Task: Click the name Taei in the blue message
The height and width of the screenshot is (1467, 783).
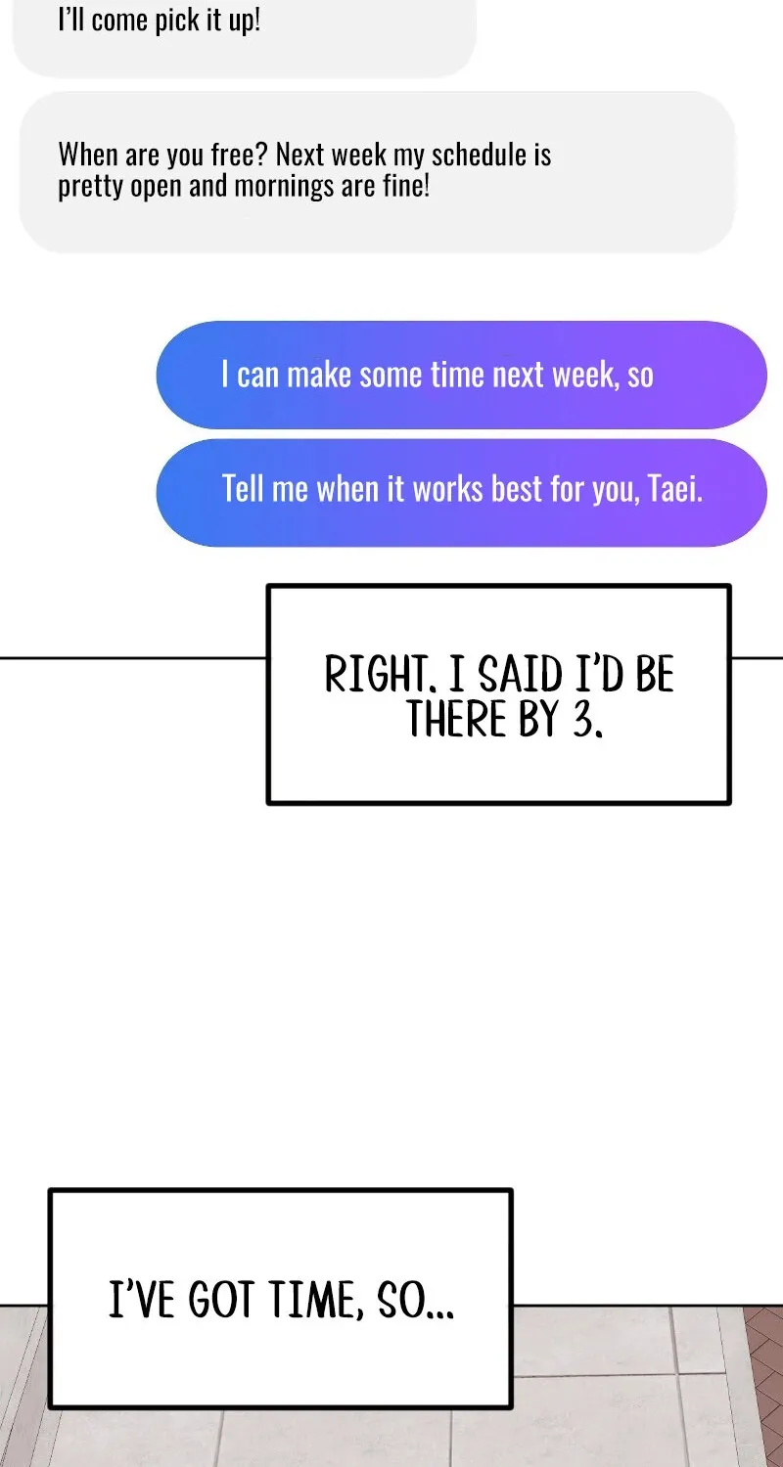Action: [675, 489]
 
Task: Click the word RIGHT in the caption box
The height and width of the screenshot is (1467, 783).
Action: [375, 674]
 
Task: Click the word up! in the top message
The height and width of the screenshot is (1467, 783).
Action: [245, 21]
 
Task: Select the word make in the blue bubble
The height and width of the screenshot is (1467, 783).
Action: [319, 375]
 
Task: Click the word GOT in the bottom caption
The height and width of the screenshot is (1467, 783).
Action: [220, 1300]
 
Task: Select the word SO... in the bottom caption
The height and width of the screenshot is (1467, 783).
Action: [415, 1300]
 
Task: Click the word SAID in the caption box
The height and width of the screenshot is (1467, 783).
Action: [521, 674]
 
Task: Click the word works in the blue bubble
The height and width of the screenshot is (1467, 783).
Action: [448, 489]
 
